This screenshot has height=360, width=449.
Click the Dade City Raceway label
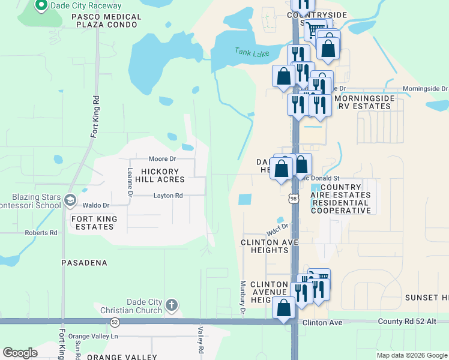pos(86,6)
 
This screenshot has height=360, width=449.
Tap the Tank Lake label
pos(252,53)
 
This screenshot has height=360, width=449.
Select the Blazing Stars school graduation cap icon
pos(71,200)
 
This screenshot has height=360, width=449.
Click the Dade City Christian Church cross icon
pos(172,305)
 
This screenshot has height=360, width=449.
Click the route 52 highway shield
pos(114,322)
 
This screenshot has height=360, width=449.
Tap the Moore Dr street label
pos(162,159)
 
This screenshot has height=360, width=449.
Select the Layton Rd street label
pos(168,196)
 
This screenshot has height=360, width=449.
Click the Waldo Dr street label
pos(95,205)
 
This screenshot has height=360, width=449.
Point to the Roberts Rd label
pos(41,233)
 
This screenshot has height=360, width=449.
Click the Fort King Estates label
pos(93,223)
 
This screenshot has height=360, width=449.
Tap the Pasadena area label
pos(84,263)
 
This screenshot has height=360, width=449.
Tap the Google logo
pos(20,353)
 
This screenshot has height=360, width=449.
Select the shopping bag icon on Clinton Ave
pos(284,307)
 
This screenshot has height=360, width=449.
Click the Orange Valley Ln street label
pos(93,336)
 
